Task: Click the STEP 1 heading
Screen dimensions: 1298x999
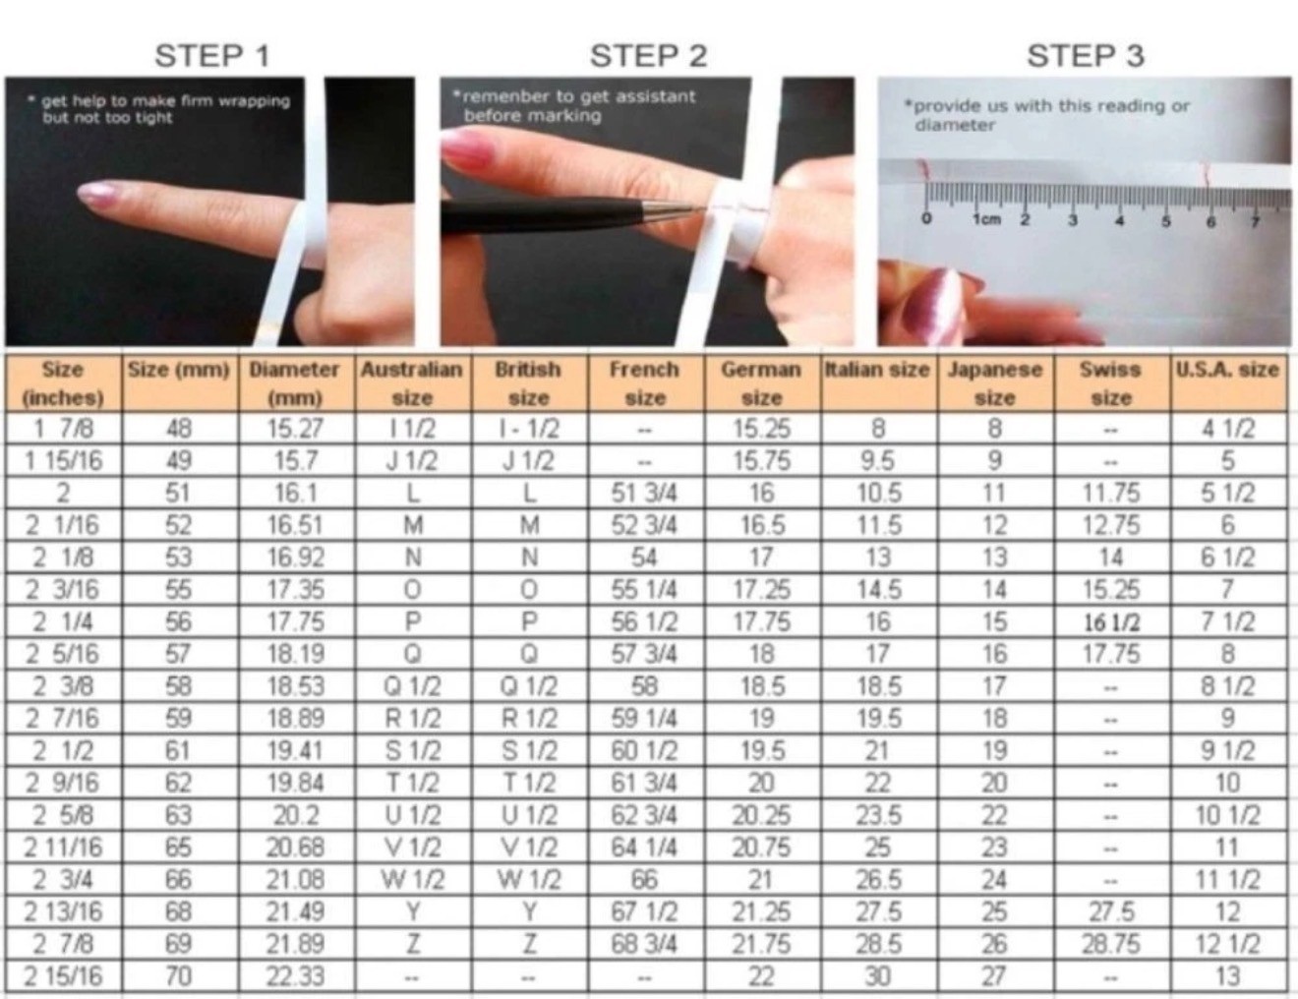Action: coord(212,56)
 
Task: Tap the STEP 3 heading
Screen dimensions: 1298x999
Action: coord(1086,56)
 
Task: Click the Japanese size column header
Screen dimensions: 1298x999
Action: coord(994,383)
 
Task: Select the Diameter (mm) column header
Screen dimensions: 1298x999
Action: coord(294,383)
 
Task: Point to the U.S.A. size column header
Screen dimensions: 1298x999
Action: coord(1227,370)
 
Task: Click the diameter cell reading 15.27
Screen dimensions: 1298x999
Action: coord(294,428)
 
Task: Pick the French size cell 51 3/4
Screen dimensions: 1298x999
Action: coord(644,494)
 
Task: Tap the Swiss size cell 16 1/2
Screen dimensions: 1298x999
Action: coord(1111,622)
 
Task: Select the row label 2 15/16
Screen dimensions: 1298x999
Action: coord(63,976)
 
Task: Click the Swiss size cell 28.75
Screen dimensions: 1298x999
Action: coord(1111,944)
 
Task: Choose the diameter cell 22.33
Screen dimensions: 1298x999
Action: coord(294,976)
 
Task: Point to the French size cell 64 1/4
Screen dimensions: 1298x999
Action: coord(644,848)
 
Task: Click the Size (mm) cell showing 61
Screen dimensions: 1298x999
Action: coord(179,750)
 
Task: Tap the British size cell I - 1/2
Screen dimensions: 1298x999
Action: coord(529,428)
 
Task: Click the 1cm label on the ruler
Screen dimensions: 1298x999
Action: coord(987,219)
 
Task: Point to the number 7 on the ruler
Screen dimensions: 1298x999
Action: coord(1255,222)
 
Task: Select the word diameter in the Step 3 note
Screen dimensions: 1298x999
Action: coord(955,126)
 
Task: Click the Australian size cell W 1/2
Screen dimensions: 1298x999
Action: coord(412,880)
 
